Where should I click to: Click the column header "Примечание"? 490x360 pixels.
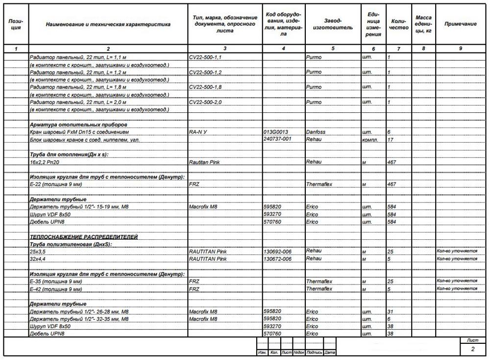(x=461, y=24)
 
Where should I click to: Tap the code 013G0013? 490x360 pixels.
(x=276, y=132)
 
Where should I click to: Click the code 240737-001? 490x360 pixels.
(x=277, y=139)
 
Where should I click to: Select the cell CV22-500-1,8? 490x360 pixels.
(x=205, y=87)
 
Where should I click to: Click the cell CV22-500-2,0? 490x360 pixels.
(x=205, y=103)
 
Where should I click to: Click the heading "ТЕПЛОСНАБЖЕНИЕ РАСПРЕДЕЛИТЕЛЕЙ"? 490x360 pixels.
(x=84, y=237)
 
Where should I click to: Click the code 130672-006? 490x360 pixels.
(x=277, y=259)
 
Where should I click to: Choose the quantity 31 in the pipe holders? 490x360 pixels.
(x=391, y=311)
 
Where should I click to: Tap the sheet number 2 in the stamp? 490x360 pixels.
(x=472, y=349)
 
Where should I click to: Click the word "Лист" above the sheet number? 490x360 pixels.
(x=472, y=339)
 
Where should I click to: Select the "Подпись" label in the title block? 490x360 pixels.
(x=315, y=353)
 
